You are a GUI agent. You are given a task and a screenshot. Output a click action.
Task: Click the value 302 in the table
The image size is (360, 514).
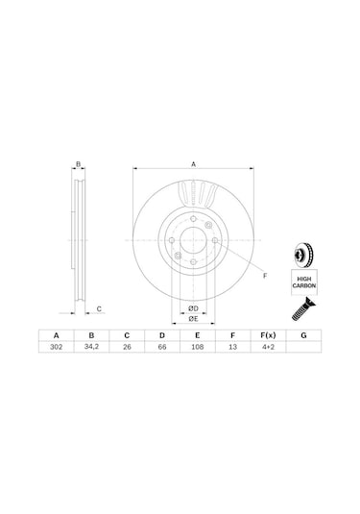[57, 347]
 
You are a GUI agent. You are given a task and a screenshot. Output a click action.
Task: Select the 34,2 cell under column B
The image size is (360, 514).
[91, 347]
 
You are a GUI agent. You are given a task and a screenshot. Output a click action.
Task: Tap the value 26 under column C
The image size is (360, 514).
[127, 347]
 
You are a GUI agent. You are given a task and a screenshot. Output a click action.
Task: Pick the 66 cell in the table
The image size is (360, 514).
[162, 347]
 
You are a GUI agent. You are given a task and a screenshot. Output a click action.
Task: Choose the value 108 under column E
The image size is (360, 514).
[197, 347]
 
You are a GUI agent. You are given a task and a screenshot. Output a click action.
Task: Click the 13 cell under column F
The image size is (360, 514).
[232, 347]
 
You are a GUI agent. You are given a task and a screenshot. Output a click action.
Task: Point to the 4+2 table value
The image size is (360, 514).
[268, 347]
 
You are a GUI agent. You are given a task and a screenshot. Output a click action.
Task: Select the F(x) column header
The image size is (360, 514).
[268, 335]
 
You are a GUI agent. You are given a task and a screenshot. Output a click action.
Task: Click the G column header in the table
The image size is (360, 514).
[303, 335]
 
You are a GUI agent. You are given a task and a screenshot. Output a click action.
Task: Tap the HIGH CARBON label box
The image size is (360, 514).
[304, 282]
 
